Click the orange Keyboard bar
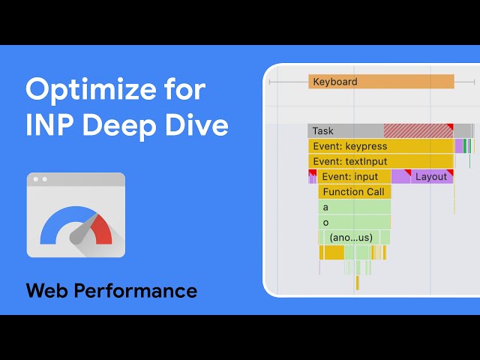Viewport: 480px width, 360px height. coord(381,82)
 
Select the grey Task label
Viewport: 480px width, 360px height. coord(323,131)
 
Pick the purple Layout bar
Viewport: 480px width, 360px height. coord(431,177)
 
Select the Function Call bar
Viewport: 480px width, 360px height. coord(353,192)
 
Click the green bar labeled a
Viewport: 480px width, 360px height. coord(354,207)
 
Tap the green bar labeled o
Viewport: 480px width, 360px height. coord(354,222)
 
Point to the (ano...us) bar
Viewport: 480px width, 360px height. coord(353,238)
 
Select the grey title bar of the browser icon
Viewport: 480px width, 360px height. coord(76,179)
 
